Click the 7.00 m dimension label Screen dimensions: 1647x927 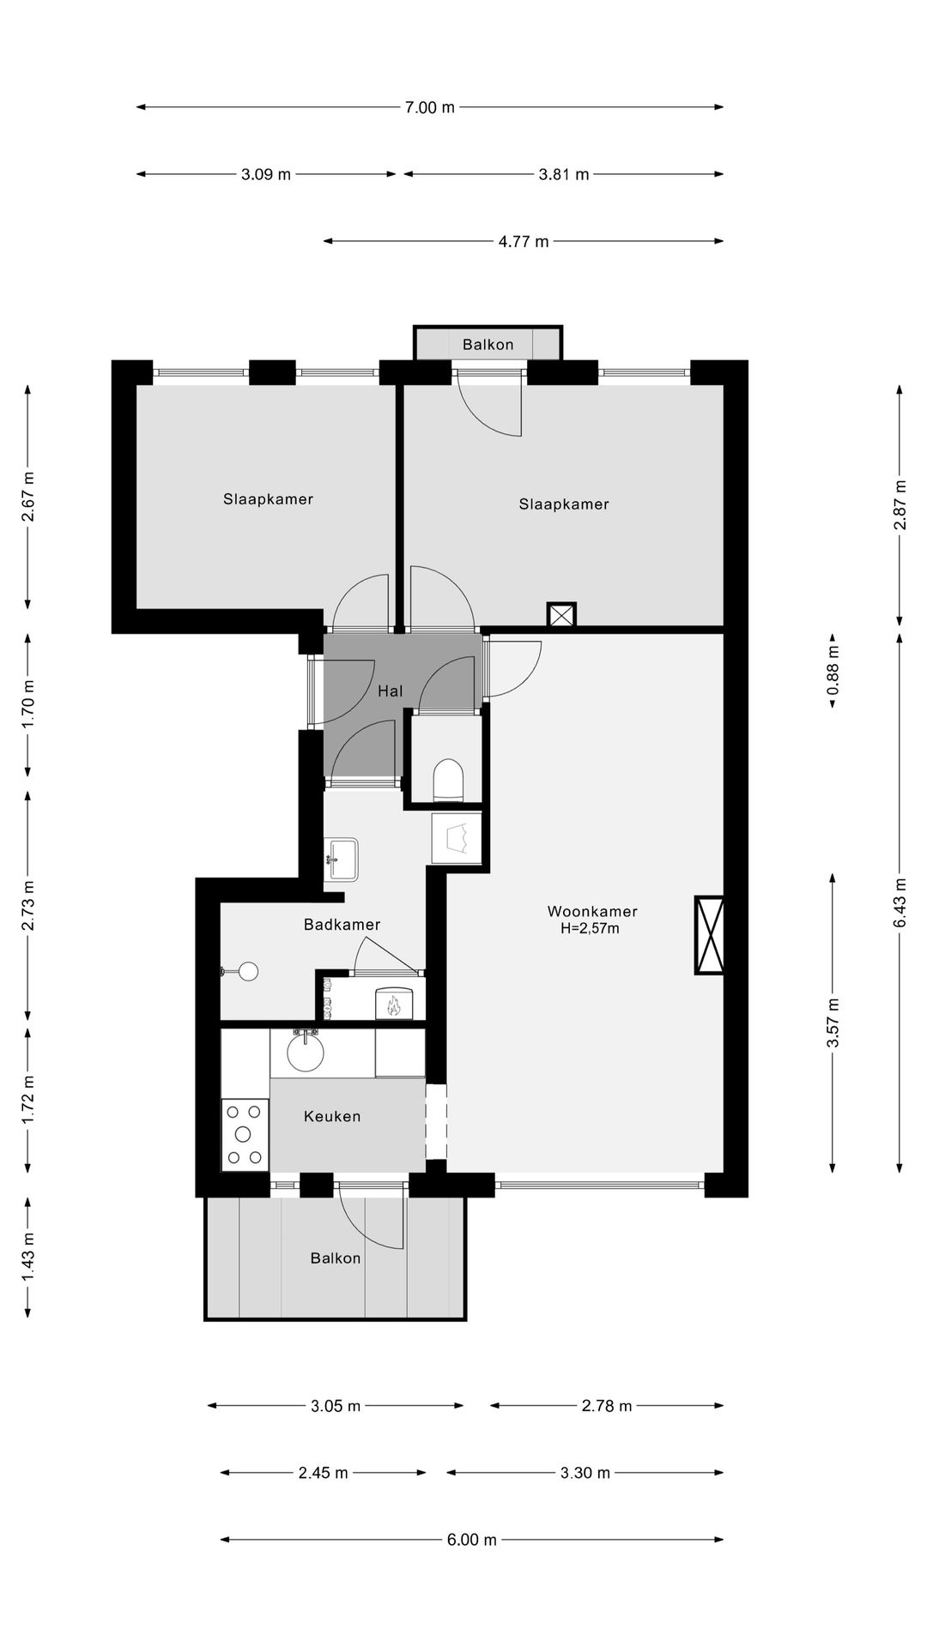coord(430,107)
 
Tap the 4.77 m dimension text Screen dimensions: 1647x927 coord(524,241)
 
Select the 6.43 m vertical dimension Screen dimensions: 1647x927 coord(900,902)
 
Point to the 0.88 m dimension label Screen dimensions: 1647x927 coord(832,671)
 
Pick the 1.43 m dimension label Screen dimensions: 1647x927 coord(28,1258)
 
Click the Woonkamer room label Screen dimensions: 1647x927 coord(592,912)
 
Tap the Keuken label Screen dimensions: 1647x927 coord(332,1116)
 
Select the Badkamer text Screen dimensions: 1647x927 coord(342,924)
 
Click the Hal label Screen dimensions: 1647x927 coord(391,691)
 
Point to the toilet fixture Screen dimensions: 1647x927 coord(448,779)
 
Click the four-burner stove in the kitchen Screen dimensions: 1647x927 coord(244,1135)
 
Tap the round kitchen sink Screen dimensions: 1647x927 coord(306,1053)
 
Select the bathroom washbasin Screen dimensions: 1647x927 coord(342,858)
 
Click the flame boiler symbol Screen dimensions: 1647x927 coord(395,1004)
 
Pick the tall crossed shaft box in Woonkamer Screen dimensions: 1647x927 coord(710,935)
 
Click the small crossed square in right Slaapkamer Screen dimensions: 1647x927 coord(561,615)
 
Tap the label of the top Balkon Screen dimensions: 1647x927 coord(488,345)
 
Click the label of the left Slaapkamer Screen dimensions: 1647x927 coord(268,498)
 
